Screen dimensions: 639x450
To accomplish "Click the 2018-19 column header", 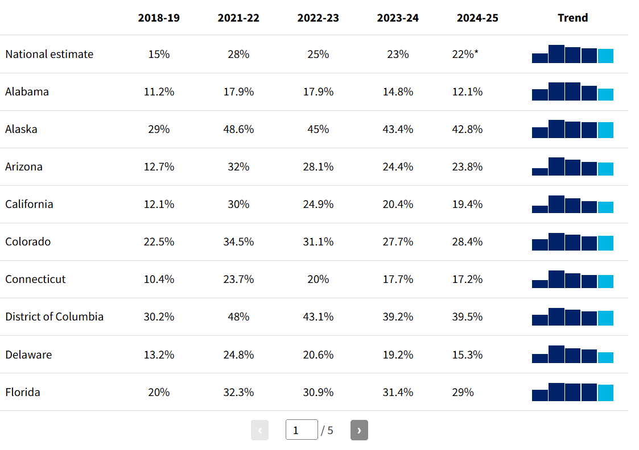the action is (x=159, y=18).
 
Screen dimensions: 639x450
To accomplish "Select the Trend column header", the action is (x=572, y=18).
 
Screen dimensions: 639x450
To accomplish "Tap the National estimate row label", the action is (x=50, y=54).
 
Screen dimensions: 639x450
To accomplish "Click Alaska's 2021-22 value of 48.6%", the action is (x=238, y=130).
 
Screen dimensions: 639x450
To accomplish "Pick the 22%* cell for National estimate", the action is (x=465, y=54).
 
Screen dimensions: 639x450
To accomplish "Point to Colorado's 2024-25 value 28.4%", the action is (x=467, y=241).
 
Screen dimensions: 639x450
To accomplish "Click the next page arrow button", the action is (x=359, y=430).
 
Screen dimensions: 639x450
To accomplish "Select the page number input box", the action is (x=302, y=430).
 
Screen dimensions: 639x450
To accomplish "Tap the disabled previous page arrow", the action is (x=259, y=430).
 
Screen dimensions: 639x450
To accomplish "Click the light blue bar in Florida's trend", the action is (x=605, y=393).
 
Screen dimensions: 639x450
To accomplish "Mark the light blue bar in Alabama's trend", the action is (x=605, y=94).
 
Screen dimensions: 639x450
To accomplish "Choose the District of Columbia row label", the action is (x=54, y=316).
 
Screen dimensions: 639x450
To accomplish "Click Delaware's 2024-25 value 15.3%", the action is (x=467, y=355).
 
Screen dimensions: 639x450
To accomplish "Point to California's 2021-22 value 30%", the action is (x=238, y=204).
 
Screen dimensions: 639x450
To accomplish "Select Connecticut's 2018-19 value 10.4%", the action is (x=159, y=279).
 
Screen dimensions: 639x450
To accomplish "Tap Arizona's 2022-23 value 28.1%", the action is (x=318, y=167).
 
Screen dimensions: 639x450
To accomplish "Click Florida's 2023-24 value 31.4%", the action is (x=398, y=392).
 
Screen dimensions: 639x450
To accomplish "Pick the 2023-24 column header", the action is (x=398, y=18).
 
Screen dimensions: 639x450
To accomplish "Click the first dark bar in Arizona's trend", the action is (x=540, y=172).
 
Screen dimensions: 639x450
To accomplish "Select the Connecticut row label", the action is (x=35, y=279).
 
